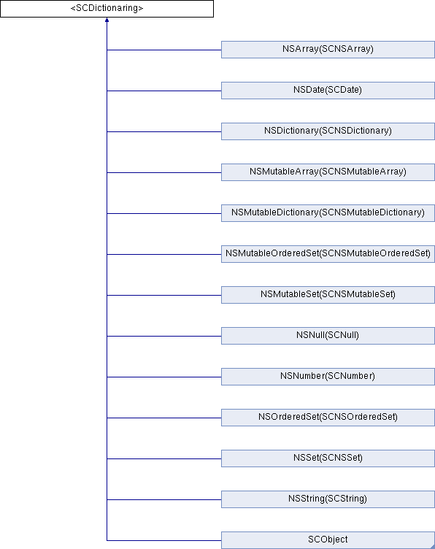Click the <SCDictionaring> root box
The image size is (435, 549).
click(107, 9)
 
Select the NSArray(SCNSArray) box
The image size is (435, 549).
click(328, 50)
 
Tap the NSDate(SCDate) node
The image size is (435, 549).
click(328, 91)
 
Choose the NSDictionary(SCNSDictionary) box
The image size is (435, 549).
click(328, 131)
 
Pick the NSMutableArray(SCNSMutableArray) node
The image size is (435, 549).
click(328, 172)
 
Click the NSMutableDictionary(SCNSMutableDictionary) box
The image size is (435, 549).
click(328, 213)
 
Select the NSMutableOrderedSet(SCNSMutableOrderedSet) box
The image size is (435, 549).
click(328, 254)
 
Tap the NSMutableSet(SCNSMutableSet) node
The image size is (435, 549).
click(328, 295)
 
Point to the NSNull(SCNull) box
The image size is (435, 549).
click(328, 336)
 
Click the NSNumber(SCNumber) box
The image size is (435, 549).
click(328, 377)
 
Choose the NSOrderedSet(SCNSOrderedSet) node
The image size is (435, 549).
click(328, 418)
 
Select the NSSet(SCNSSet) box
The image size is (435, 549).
click(328, 458)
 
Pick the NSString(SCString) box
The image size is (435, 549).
click(328, 499)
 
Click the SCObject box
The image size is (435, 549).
click(328, 540)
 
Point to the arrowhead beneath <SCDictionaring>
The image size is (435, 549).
click(107, 20)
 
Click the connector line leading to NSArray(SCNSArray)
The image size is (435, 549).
click(164, 50)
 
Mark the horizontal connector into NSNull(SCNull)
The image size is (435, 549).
click(164, 336)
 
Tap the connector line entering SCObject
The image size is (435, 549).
click(164, 540)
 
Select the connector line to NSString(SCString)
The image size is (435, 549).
click(164, 499)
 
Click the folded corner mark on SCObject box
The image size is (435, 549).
click(432, 546)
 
